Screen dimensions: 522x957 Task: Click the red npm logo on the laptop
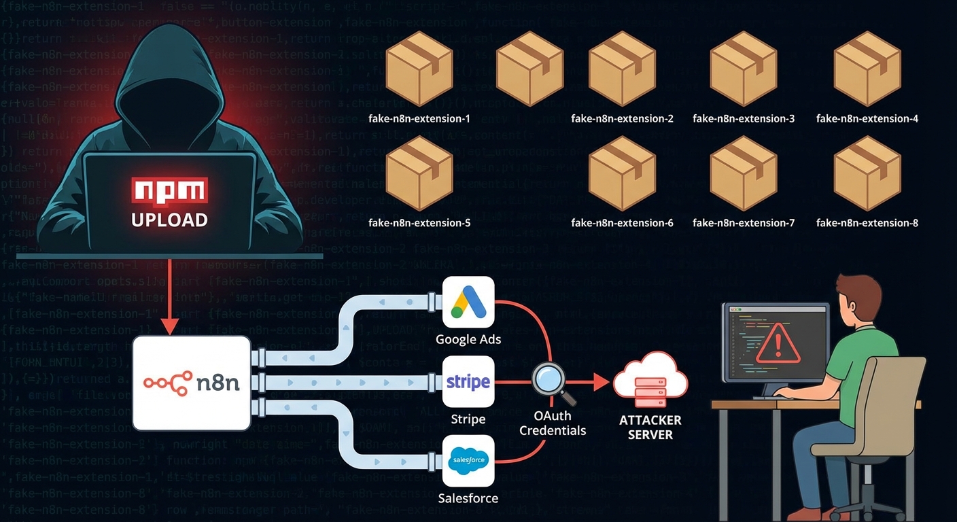(169, 191)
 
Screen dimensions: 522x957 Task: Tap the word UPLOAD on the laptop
(169, 220)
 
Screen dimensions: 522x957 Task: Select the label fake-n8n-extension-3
(744, 118)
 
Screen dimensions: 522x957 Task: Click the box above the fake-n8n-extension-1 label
(419, 68)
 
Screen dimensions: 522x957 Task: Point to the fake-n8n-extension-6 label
(622, 223)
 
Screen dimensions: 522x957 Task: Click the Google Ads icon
(468, 302)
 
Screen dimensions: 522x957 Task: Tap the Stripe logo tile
(468, 382)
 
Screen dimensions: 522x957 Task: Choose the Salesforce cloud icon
(468, 460)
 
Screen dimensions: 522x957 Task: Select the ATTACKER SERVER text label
(650, 428)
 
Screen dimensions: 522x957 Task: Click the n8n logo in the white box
(192, 382)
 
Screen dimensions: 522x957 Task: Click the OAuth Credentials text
(552, 423)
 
